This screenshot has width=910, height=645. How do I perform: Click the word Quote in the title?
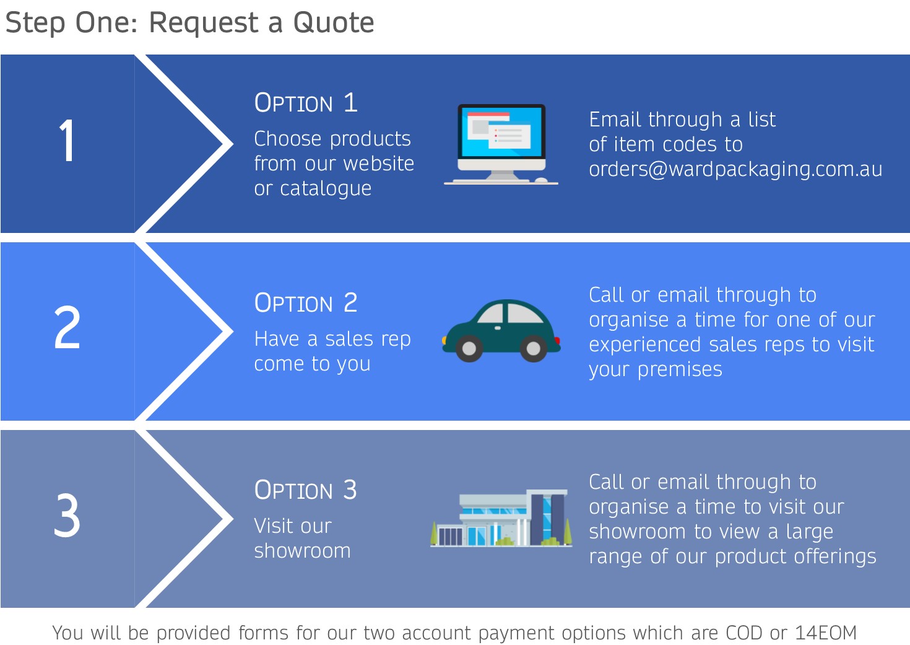(x=334, y=23)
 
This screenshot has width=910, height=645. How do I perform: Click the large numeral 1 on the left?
(x=67, y=141)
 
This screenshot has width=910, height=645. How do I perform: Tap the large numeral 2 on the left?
(x=67, y=327)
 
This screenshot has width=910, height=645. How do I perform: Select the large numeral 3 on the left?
(x=67, y=515)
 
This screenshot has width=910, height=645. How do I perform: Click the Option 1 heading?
(x=306, y=102)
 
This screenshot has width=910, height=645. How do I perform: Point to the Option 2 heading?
(x=306, y=303)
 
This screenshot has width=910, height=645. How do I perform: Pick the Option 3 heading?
(x=306, y=490)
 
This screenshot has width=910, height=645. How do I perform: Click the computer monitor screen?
(x=501, y=131)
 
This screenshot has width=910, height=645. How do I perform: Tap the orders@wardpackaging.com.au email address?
(x=735, y=169)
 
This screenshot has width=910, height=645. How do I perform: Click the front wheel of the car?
(x=469, y=349)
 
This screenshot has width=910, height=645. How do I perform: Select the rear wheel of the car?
(x=534, y=349)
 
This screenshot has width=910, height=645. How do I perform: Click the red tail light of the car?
(x=557, y=341)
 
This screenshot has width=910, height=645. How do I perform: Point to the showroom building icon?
(x=501, y=518)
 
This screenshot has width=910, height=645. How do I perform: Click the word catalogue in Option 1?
(x=326, y=189)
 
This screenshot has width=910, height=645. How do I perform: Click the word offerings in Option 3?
(x=836, y=556)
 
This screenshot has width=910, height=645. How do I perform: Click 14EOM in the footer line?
(x=826, y=633)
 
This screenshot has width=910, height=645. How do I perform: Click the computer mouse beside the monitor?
(x=541, y=180)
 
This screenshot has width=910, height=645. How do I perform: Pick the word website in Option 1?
(x=379, y=164)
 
